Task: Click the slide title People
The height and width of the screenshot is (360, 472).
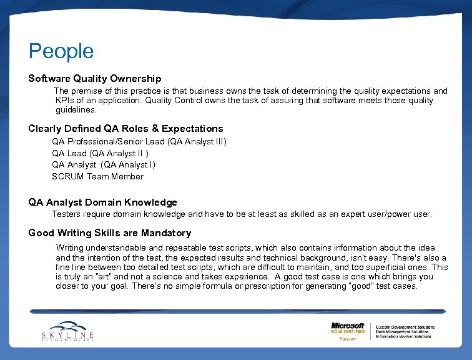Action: pos(61,51)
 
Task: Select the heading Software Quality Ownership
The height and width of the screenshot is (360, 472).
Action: pos(95,79)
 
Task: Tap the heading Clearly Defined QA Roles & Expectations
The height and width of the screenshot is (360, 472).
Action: pos(125,129)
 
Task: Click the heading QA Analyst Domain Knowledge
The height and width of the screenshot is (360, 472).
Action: pos(102,202)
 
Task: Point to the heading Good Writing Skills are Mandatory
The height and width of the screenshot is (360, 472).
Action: pos(110,233)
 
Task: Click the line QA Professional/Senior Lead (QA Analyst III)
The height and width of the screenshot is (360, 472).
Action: pos(139,142)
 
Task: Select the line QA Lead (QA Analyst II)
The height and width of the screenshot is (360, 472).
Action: pos(101,153)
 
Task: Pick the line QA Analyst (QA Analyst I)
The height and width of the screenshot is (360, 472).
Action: pos(104,164)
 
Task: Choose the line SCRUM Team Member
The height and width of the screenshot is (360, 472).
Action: pos(97,176)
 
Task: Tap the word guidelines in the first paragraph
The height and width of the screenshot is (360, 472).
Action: pos(76,110)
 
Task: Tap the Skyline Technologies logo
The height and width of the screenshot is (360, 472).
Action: pos(67,331)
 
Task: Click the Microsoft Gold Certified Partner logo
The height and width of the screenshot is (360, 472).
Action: pos(348,331)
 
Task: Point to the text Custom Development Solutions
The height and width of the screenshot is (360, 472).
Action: pos(405,326)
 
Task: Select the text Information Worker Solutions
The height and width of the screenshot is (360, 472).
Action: pos(403,336)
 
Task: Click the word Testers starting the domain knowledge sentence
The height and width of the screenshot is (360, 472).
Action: pos(66,214)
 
